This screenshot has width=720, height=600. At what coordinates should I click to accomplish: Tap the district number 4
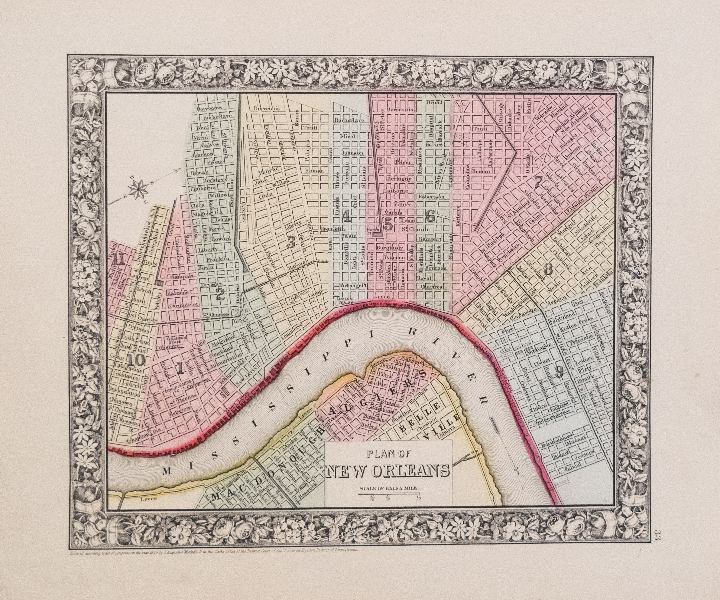pyautogui.click(x=346, y=216)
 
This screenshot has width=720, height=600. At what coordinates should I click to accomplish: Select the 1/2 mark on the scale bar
pyautogui.click(x=418, y=498)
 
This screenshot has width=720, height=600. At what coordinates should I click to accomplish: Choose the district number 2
pyautogui.click(x=220, y=294)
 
